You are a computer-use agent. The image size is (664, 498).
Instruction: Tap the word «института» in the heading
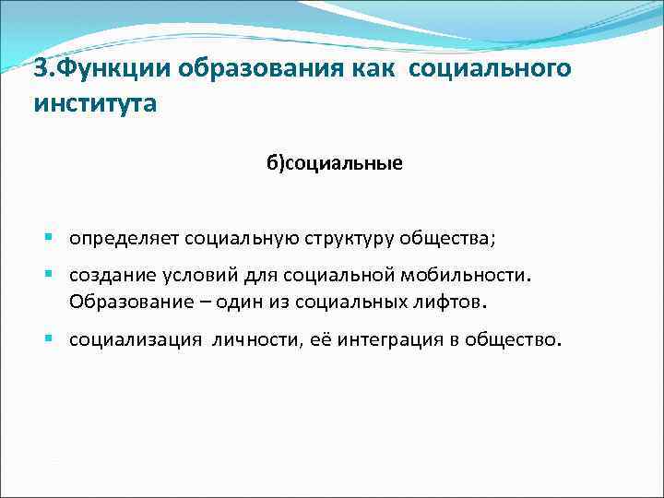coord(95,103)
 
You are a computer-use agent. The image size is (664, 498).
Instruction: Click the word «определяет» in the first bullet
coord(124,239)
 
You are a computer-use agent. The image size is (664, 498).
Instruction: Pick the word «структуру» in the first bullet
coord(347,239)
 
